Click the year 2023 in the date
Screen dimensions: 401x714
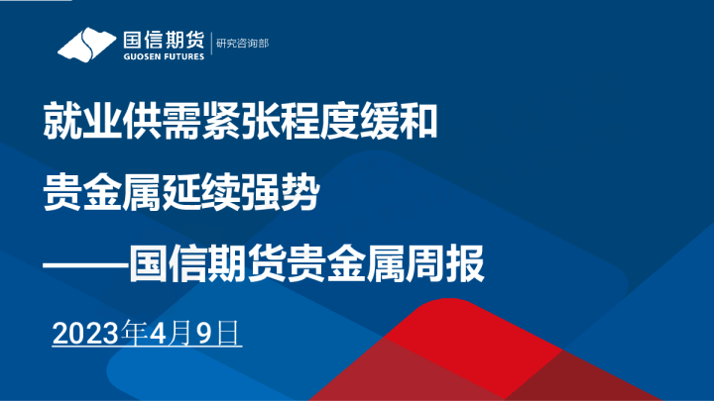click(x=84, y=333)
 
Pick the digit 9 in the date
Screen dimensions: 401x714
click(x=204, y=333)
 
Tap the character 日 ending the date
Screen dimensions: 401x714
click(x=228, y=333)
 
